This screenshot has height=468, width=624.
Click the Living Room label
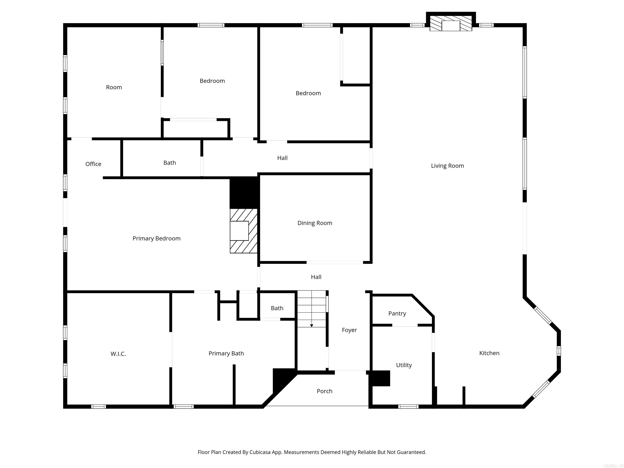(447, 166)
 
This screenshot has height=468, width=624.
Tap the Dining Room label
(315, 223)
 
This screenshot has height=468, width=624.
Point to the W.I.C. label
(118, 354)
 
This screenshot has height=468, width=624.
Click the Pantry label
(397, 313)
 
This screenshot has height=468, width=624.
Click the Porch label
(324, 391)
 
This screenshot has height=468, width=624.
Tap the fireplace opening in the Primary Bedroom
(239, 231)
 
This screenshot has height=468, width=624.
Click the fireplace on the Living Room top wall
(451, 26)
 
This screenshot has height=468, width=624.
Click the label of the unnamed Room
(114, 88)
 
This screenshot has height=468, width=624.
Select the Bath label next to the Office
(170, 163)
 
